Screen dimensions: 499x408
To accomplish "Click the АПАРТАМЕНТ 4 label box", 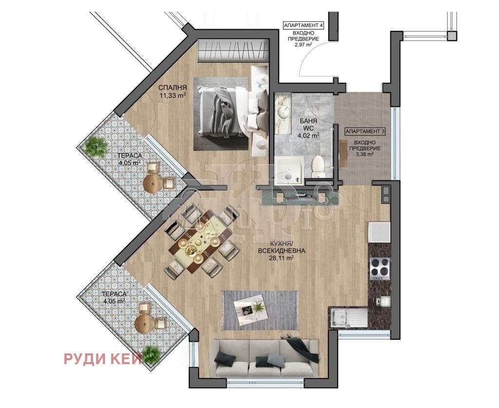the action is click(303, 25).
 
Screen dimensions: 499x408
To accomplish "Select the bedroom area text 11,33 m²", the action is click(173, 95).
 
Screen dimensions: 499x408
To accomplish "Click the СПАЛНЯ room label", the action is click(173, 88).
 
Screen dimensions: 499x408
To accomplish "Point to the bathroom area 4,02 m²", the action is click(308, 135).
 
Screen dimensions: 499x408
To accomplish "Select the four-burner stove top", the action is click(380, 268).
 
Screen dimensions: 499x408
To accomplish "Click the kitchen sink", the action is click(348, 318).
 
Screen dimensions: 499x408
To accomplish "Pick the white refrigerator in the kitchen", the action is click(379, 232).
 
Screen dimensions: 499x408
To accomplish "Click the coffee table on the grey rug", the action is click(250, 307).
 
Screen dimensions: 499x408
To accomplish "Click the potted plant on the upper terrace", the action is click(96, 147).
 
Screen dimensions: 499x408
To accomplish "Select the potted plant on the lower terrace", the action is click(151, 354).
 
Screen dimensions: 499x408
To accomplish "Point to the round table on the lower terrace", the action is click(144, 324).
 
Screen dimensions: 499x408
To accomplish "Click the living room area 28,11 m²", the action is click(281, 258).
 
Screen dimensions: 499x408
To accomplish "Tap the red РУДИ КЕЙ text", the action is click(103, 359).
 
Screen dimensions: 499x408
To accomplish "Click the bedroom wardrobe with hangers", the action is click(232, 50).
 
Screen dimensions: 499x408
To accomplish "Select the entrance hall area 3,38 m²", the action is click(365, 155).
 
